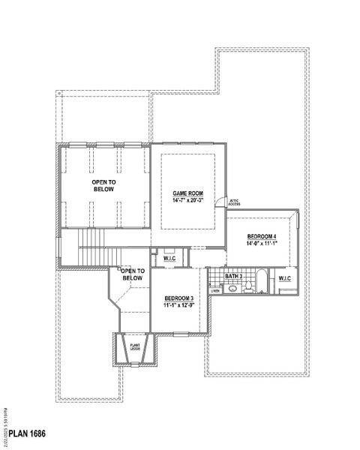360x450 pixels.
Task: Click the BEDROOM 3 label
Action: coord(178,298)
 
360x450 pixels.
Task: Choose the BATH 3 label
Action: coord(235,277)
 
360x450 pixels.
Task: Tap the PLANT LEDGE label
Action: coord(136,346)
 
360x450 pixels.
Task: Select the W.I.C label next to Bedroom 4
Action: coord(284,279)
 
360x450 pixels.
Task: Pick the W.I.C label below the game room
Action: coord(169,259)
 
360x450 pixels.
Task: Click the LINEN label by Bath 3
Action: coord(215,290)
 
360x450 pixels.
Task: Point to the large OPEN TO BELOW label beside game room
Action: coord(103,185)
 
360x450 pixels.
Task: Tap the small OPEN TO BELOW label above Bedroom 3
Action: coord(132,274)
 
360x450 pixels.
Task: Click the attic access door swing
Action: coord(220,199)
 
